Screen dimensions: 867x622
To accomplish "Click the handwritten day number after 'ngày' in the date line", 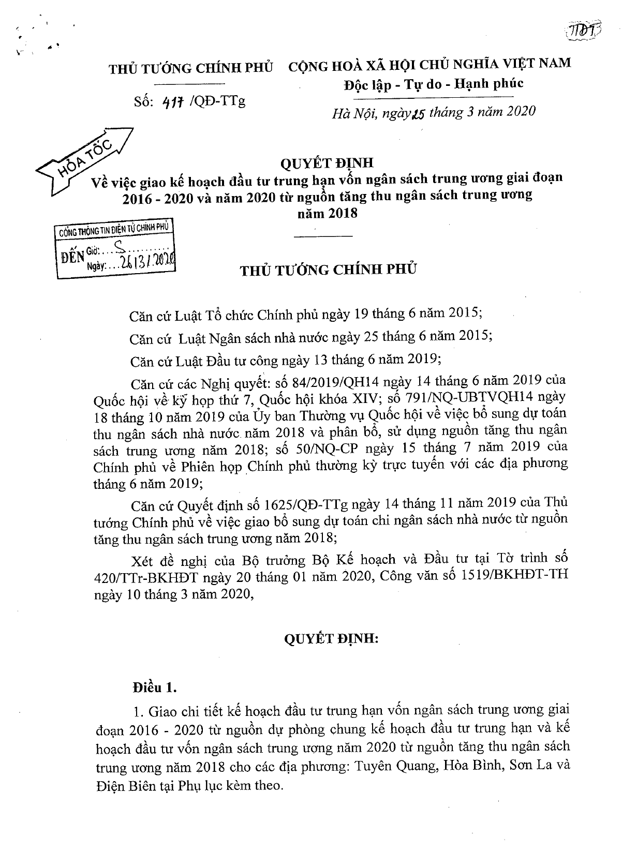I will (x=418, y=112).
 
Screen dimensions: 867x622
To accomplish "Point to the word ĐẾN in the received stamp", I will (x=72, y=256).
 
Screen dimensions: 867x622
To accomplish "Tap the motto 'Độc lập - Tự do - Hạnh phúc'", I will (x=433, y=83).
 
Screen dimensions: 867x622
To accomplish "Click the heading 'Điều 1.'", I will (x=155, y=687).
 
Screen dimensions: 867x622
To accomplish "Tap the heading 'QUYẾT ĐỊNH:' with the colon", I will (x=332, y=638).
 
